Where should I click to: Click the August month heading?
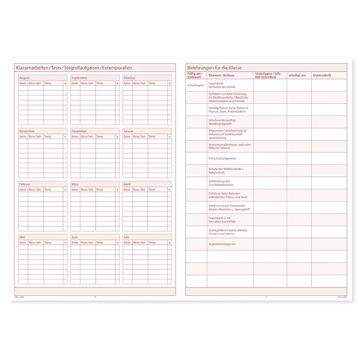24,78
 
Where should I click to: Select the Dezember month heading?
79,131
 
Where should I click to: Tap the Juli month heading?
126,237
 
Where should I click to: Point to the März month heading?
75,184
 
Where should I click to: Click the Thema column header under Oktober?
152,83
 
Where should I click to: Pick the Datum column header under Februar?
23,189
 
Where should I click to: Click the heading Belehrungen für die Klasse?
214,68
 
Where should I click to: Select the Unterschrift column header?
322,75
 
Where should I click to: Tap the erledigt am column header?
297,75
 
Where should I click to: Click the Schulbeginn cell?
196,85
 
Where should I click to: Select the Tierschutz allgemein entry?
222,158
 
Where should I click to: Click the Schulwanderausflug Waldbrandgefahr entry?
222,122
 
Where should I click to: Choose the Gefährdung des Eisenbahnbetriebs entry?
221,183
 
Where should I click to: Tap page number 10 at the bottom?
95,297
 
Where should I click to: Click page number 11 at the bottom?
266,297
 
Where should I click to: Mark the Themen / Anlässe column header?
221,75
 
